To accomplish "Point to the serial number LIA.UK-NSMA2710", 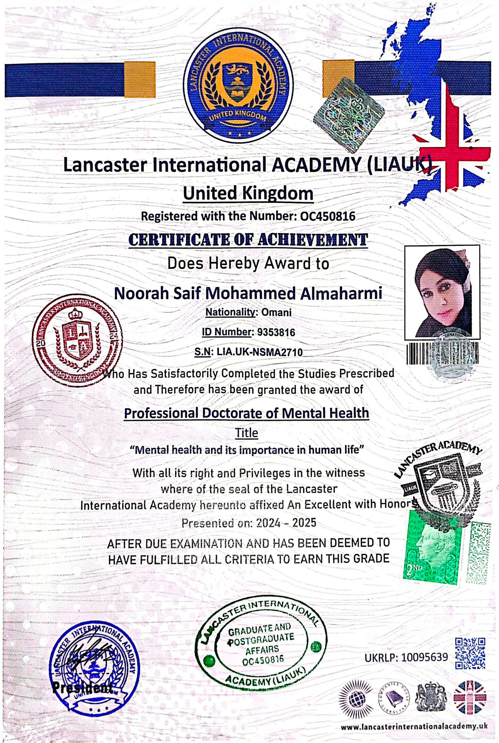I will pyautogui.click(x=259, y=352).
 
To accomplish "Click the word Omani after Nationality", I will pyautogui.click(x=276, y=313).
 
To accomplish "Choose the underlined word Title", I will pyautogui.click(x=246, y=433).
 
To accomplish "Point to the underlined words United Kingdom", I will pyautogui.click(x=248, y=194).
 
